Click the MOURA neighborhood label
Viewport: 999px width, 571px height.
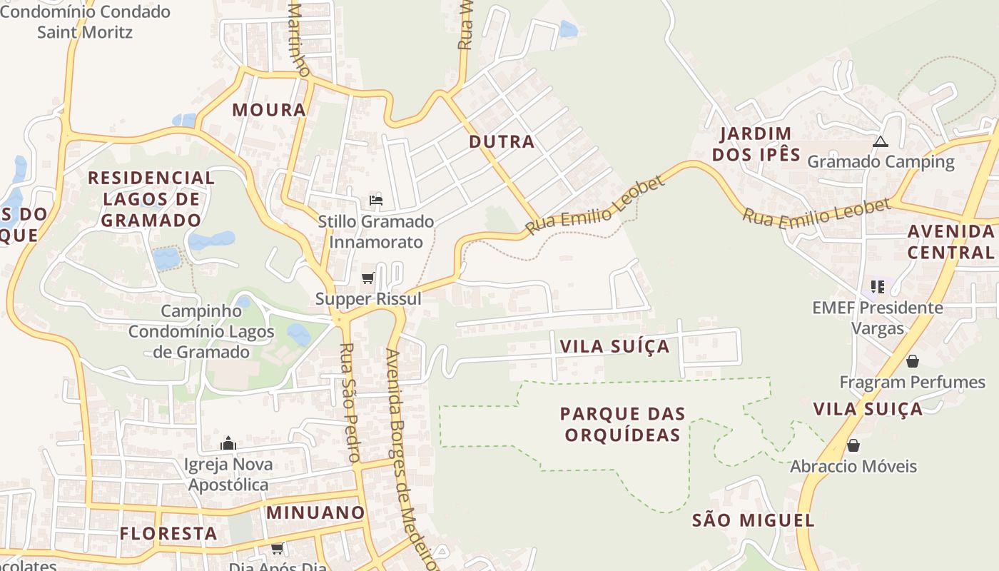269,110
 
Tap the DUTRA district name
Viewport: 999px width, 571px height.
502,141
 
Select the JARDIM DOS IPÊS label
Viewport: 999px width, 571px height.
756,143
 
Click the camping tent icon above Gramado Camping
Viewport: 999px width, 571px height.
880,142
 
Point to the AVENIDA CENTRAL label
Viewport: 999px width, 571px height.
950,241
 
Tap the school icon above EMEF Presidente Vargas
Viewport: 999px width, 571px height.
877,287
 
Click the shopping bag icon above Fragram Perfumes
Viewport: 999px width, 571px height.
912,361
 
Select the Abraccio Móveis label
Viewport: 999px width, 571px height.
853,466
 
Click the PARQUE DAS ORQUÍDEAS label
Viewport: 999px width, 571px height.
622,424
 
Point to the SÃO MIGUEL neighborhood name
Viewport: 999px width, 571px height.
753,520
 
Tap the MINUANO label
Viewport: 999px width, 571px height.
315,512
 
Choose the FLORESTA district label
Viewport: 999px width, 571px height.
168,533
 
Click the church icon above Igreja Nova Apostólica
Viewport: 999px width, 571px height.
228,443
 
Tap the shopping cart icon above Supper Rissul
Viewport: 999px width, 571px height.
368,278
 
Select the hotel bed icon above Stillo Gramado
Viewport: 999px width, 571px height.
376,200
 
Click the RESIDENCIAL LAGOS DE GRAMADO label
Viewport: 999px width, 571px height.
151,198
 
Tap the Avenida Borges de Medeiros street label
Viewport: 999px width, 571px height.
410,457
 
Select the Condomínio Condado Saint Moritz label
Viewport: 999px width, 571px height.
85,21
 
